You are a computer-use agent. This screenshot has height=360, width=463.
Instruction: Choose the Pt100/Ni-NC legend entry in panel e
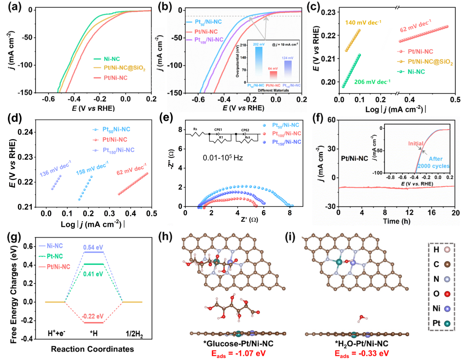[285, 134]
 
